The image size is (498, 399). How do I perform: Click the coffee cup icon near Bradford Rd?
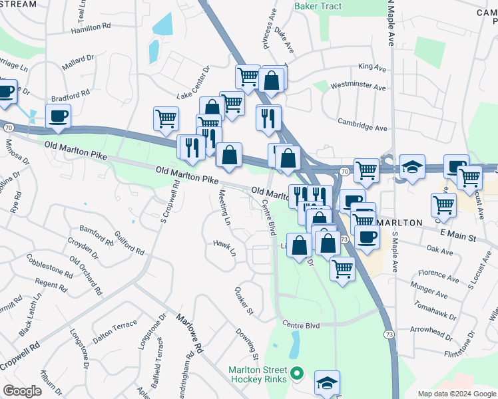click(58, 116)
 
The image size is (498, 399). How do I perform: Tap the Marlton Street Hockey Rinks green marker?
click(297, 374)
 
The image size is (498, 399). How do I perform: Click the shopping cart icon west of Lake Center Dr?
click(166, 118)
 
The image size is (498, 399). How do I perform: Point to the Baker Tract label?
click(318, 6)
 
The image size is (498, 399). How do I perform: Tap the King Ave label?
click(372, 67)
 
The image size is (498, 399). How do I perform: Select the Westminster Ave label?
click(358, 87)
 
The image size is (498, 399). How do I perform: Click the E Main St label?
click(459, 237)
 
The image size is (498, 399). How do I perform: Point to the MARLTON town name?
click(399, 222)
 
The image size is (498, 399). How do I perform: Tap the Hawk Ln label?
click(225, 248)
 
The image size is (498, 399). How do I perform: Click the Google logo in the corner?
click(22, 391)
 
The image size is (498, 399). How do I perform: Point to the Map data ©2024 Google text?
click(457, 394)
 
